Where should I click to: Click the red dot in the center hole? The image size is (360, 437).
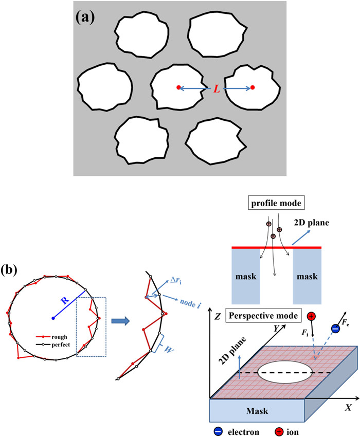click(178, 88)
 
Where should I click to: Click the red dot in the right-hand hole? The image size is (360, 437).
click(253, 88)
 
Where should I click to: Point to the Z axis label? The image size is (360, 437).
click(217, 318)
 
